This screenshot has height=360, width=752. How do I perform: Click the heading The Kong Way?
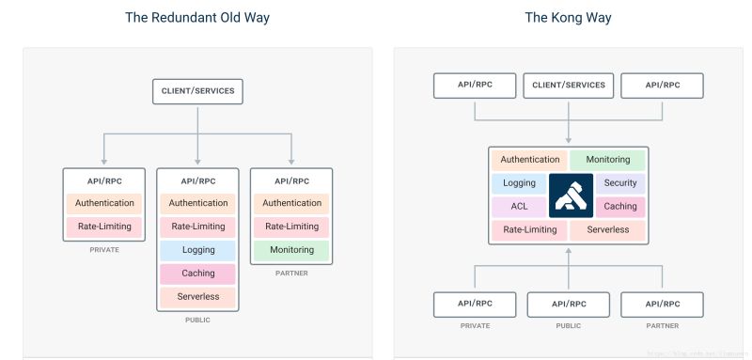tap(567, 18)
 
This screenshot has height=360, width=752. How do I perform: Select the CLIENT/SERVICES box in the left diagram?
tap(197, 91)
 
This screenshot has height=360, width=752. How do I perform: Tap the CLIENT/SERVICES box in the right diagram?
tap(568, 86)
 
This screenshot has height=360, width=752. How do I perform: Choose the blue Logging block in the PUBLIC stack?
tap(197, 250)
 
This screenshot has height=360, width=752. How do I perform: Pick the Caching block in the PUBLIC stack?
tap(197, 274)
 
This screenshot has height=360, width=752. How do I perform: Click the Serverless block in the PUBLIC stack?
tap(197, 297)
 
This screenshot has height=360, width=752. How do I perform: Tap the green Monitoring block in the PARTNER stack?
tap(291, 250)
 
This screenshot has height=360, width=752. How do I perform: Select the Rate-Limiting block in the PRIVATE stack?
tap(103, 227)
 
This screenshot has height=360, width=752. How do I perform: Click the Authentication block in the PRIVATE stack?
tap(103, 203)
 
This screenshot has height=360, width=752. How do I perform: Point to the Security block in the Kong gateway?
tap(620, 183)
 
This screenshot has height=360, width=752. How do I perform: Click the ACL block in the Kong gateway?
tap(518, 207)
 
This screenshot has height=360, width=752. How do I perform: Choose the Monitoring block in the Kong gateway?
tap(607, 160)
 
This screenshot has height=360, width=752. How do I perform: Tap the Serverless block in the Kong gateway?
tap(607, 230)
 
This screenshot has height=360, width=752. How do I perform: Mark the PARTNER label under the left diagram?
tap(291, 274)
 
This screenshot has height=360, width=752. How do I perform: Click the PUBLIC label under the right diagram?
tap(568, 327)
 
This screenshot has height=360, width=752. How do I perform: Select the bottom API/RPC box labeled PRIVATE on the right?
tap(475, 305)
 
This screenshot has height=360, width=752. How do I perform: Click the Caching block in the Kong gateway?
tap(620, 207)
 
